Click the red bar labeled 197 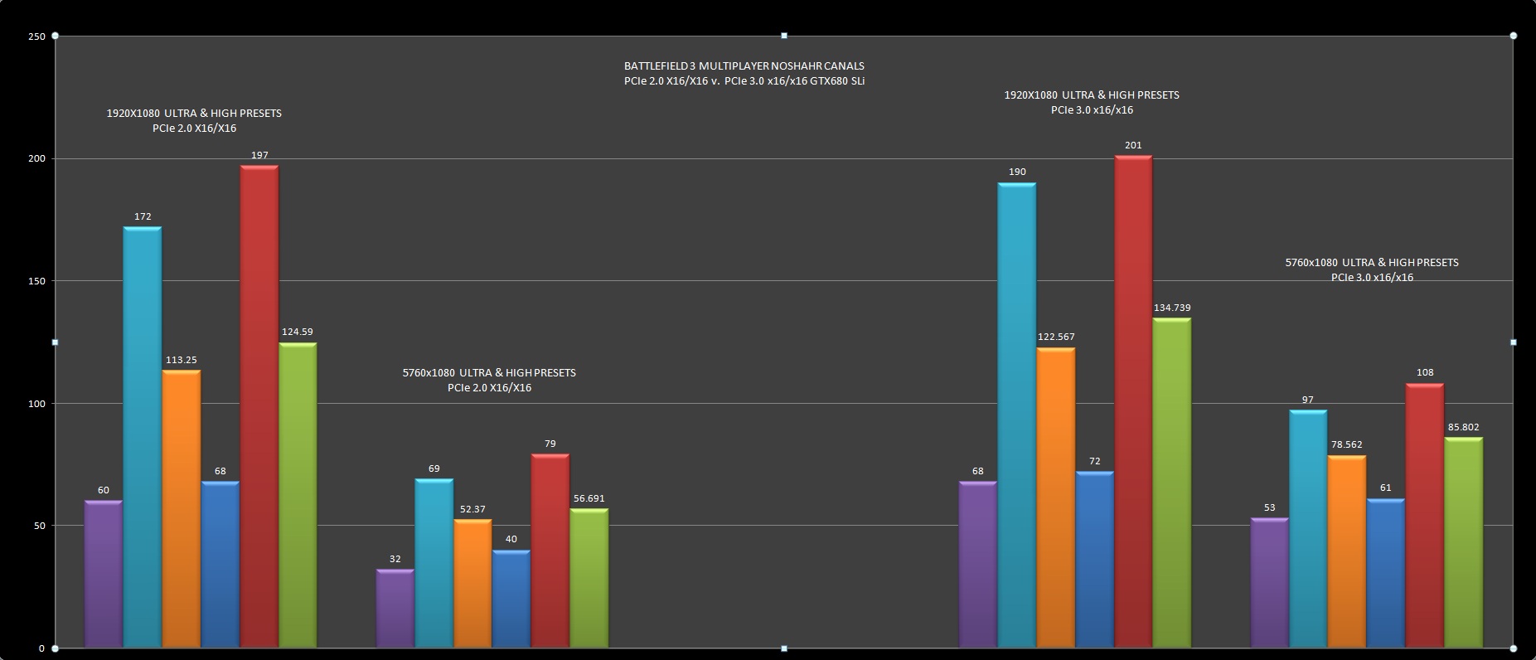(x=259, y=406)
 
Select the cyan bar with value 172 (x=143, y=437)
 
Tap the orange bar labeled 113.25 (x=182, y=508)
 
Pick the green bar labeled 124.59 (x=298, y=495)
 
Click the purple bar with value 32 (x=395, y=609)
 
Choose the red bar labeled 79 (x=550, y=551)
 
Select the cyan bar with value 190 (x=1016, y=415)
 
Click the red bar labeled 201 (x=1133, y=401)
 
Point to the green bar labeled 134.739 (x=1172, y=483)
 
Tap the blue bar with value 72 (x=1094, y=560)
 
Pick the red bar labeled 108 (x=1424, y=515)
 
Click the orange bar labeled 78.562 (x=1346, y=551)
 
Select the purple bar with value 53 (x=1269, y=583)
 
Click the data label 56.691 (x=589, y=498)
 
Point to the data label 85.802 (x=1463, y=428)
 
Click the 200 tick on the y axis (x=36, y=158)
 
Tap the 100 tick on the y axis (x=36, y=404)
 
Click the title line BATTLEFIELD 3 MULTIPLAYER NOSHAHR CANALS (x=744, y=66)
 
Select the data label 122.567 (x=1055, y=337)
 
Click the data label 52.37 (x=472, y=509)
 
